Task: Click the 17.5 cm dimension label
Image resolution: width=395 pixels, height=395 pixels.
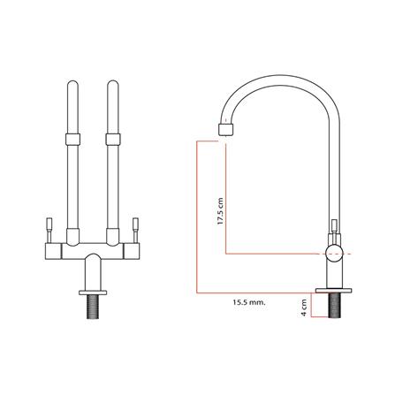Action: [x=220, y=211]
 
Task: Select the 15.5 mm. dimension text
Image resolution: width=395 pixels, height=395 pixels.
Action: [x=248, y=302]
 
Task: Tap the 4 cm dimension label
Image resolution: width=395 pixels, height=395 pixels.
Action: [x=304, y=308]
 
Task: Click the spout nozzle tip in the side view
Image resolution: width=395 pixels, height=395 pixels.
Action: [x=226, y=129]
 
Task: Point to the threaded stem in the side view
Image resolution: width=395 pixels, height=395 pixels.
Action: [x=334, y=305]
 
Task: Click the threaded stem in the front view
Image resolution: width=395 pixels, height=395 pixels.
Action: [x=93, y=307]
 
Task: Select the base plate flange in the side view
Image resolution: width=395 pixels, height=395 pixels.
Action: [x=334, y=291]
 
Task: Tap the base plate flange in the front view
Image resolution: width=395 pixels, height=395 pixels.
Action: [x=93, y=292]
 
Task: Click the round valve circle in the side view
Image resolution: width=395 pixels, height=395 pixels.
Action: [x=334, y=254]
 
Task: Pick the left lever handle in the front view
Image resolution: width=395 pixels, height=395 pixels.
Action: [x=49, y=230]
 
